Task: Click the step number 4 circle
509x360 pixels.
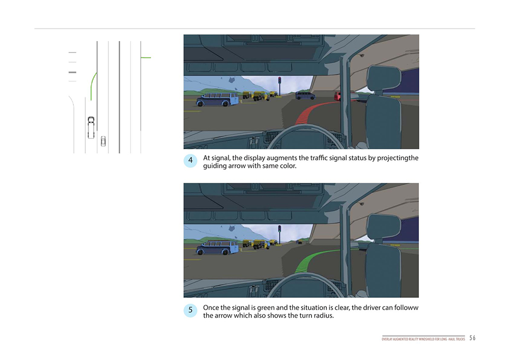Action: [x=190, y=160]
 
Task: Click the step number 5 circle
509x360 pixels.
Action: [x=190, y=310]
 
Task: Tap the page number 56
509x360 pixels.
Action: [x=472, y=338]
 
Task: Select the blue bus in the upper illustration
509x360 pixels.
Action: [x=217, y=99]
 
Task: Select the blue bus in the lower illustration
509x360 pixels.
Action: [x=217, y=247]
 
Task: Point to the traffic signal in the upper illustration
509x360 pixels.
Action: [x=279, y=85]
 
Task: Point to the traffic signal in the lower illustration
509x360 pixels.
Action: [x=279, y=233]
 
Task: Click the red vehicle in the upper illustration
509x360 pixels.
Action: [x=337, y=96]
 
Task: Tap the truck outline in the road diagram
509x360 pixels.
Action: [x=91, y=127]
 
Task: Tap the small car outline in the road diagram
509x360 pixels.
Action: [x=103, y=141]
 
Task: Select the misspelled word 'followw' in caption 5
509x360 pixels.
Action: [x=406, y=308]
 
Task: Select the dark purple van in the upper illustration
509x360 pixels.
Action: [x=305, y=95]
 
